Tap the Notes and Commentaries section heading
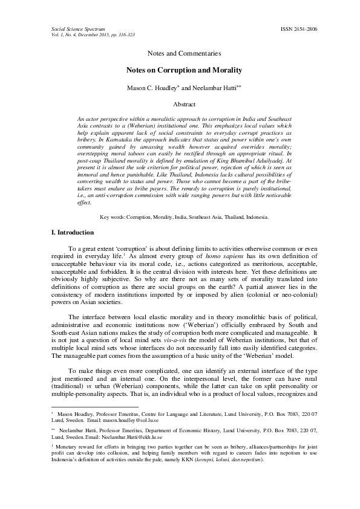180,54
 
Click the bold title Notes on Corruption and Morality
180,70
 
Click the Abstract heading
180,105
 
